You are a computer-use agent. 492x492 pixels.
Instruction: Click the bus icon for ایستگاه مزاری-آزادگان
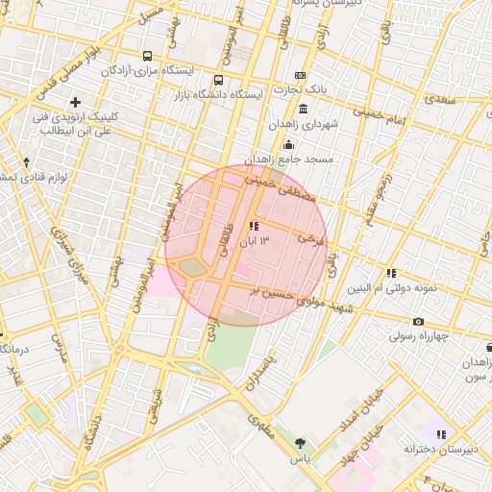coord(147,56)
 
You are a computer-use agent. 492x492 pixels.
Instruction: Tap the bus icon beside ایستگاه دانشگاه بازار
coord(218,81)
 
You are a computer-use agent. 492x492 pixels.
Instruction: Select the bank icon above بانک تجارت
coord(301,75)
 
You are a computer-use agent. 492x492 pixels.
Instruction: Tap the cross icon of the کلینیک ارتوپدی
coord(75,102)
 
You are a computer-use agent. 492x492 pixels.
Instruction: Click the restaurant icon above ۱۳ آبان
coord(254,226)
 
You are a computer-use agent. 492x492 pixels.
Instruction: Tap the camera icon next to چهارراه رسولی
coord(418,321)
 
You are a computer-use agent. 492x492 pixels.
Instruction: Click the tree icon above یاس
coord(302,443)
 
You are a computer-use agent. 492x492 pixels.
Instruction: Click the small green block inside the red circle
coord(193,266)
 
